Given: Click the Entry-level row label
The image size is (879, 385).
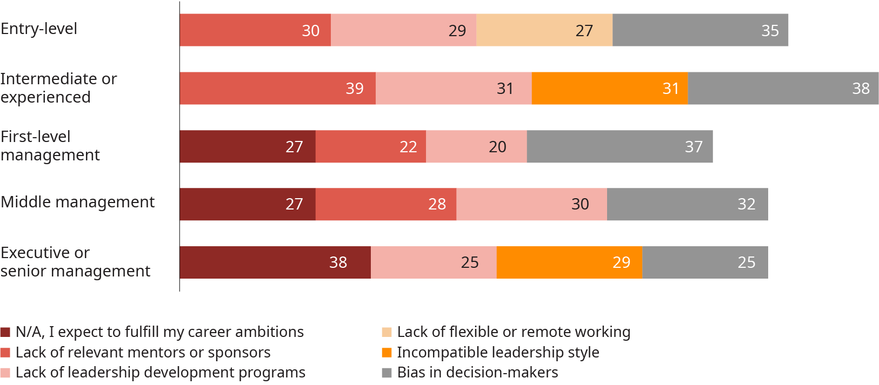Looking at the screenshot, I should click(x=39, y=29).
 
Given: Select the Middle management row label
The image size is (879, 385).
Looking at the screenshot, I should click(x=77, y=202).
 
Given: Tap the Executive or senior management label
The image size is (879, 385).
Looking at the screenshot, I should click(x=75, y=262).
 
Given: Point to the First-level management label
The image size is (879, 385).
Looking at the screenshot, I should click(x=50, y=146).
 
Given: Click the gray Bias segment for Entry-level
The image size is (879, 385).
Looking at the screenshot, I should click(x=700, y=30).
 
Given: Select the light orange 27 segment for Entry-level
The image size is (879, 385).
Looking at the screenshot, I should click(x=544, y=30).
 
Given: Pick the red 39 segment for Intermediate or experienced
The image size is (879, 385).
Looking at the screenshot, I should click(x=277, y=88).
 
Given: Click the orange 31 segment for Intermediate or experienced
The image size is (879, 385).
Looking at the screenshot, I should click(x=610, y=88).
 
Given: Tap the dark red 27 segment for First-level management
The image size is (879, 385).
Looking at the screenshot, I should click(x=248, y=146).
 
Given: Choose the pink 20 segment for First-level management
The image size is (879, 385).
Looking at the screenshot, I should click(x=476, y=146).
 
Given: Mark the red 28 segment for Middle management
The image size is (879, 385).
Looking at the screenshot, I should click(x=386, y=204).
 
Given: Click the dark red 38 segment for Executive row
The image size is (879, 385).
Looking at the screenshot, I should click(x=275, y=262).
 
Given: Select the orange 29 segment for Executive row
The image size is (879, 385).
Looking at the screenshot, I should click(x=569, y=262).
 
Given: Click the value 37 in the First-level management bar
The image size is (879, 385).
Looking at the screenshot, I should click(x=694, y=146).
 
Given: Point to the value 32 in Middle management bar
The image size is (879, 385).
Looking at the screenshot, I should click(x=746, y=204).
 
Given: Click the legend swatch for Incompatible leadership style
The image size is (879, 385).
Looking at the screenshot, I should click(x=387, y=353).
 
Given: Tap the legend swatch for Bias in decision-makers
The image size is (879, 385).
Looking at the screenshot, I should click(x=387, y=373).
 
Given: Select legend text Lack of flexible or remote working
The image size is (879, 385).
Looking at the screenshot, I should click(x=514, y=332).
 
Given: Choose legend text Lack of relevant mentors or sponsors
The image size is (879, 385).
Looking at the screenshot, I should click(x=143, y=353).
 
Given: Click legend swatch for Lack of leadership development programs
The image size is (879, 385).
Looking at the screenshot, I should click(x=5, y=373).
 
